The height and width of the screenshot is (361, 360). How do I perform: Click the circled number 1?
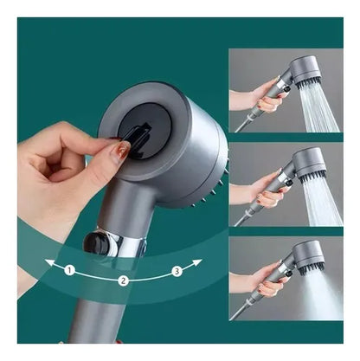click(69, 270)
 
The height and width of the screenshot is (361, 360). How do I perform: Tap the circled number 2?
click(123, 280)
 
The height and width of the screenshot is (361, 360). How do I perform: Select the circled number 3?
click(177, 271)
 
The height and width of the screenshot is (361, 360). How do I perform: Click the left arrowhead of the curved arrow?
click(49, 262)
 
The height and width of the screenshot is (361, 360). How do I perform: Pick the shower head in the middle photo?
click(310, 164)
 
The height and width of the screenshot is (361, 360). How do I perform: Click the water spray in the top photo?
click(318, 108)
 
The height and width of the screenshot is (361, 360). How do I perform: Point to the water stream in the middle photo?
click(323, 202)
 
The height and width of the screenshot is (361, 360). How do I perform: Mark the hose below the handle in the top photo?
click(245, 123)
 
